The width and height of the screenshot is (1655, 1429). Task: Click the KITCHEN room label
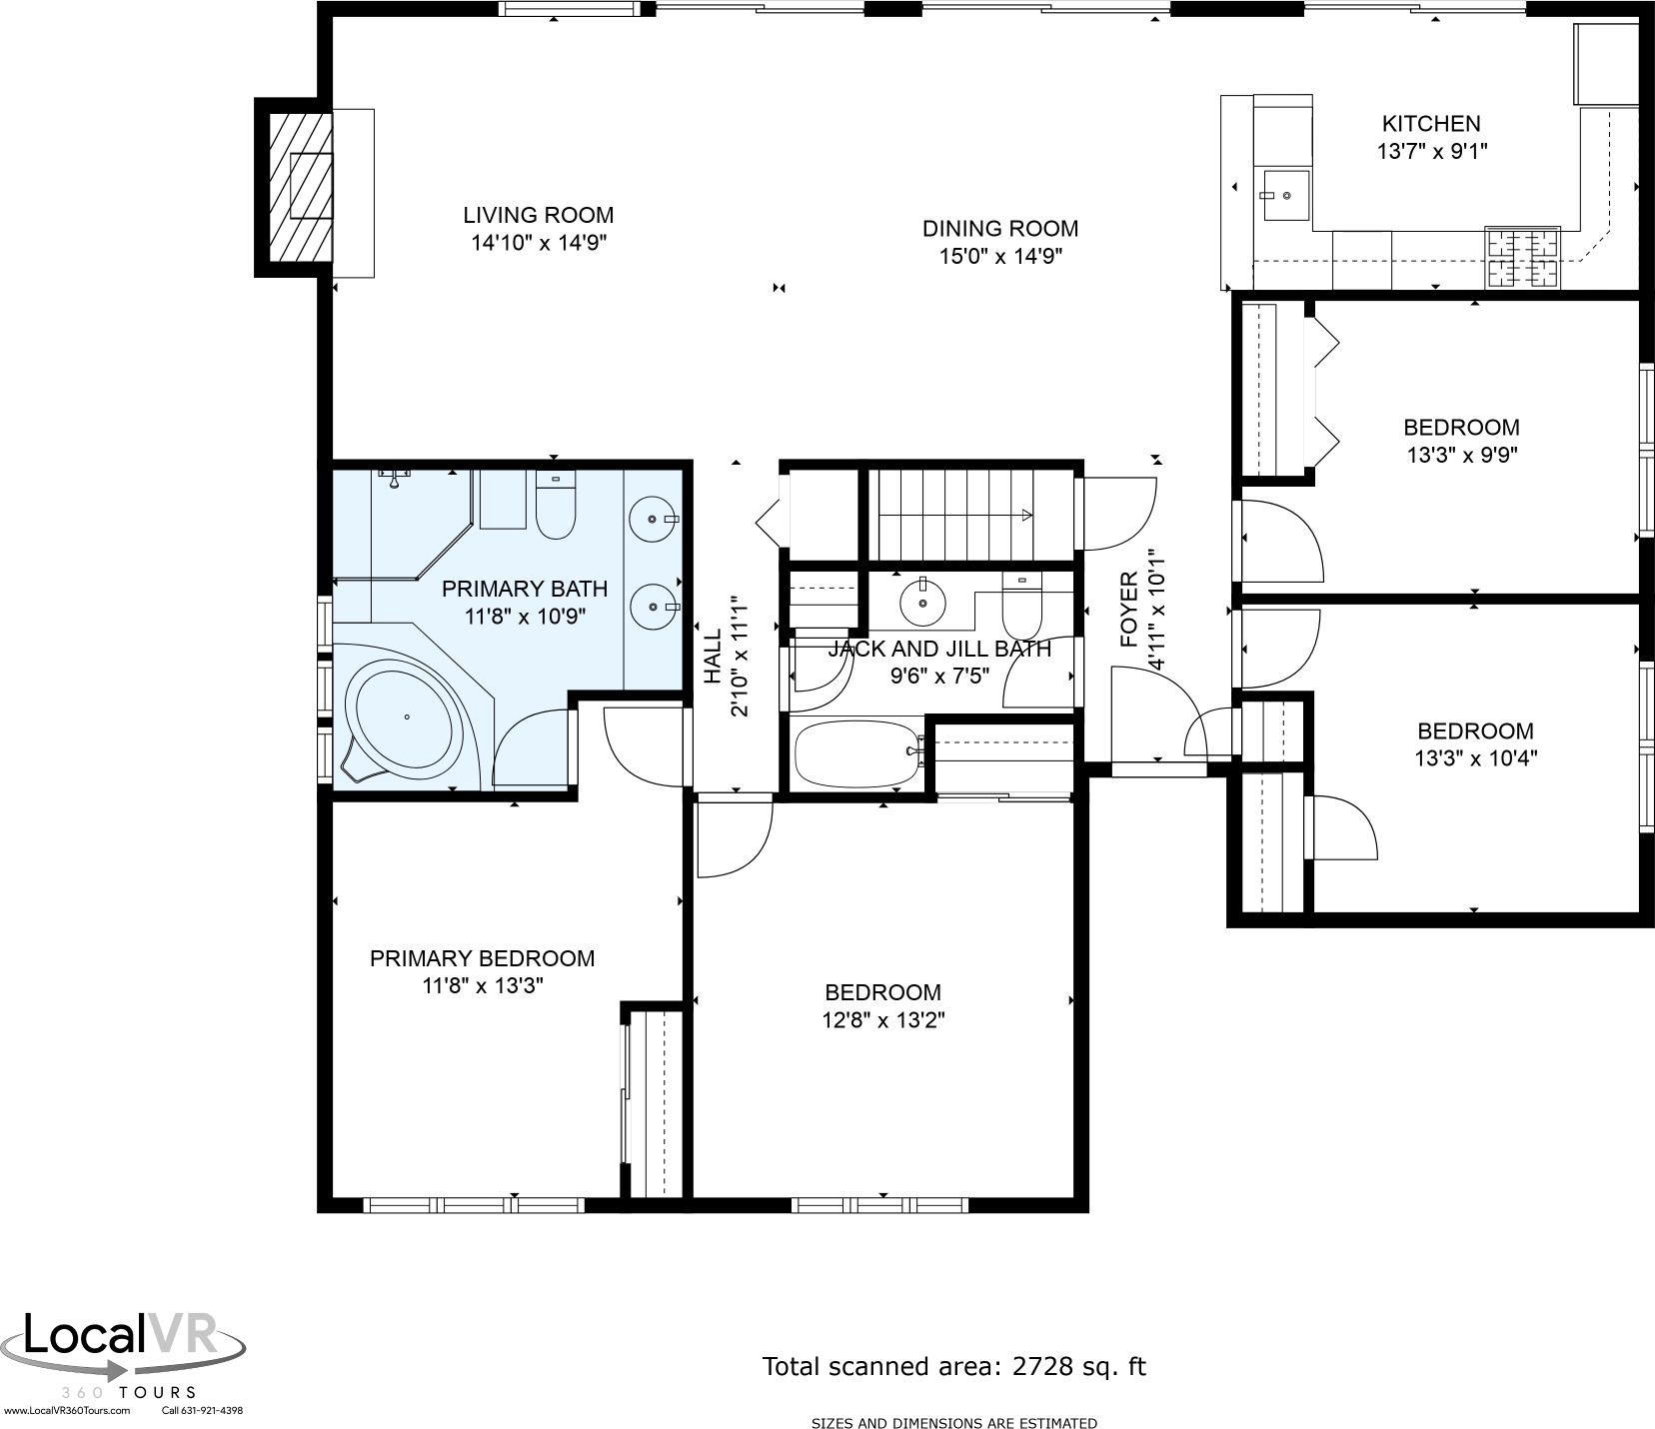(1430, 124)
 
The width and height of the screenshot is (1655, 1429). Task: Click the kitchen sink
(1283, 195)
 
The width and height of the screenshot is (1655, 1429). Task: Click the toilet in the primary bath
(556, 505)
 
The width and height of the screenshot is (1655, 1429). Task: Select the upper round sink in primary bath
(653, 520)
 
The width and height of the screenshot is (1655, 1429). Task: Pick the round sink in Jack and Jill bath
(922, 603)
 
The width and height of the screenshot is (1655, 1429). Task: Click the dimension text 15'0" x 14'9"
(999, 256)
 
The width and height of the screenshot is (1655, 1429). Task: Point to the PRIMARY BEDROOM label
(482, 958)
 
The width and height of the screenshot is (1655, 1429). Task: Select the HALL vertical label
(712, 657)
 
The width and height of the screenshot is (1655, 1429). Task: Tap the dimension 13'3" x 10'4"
(1475, 758)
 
